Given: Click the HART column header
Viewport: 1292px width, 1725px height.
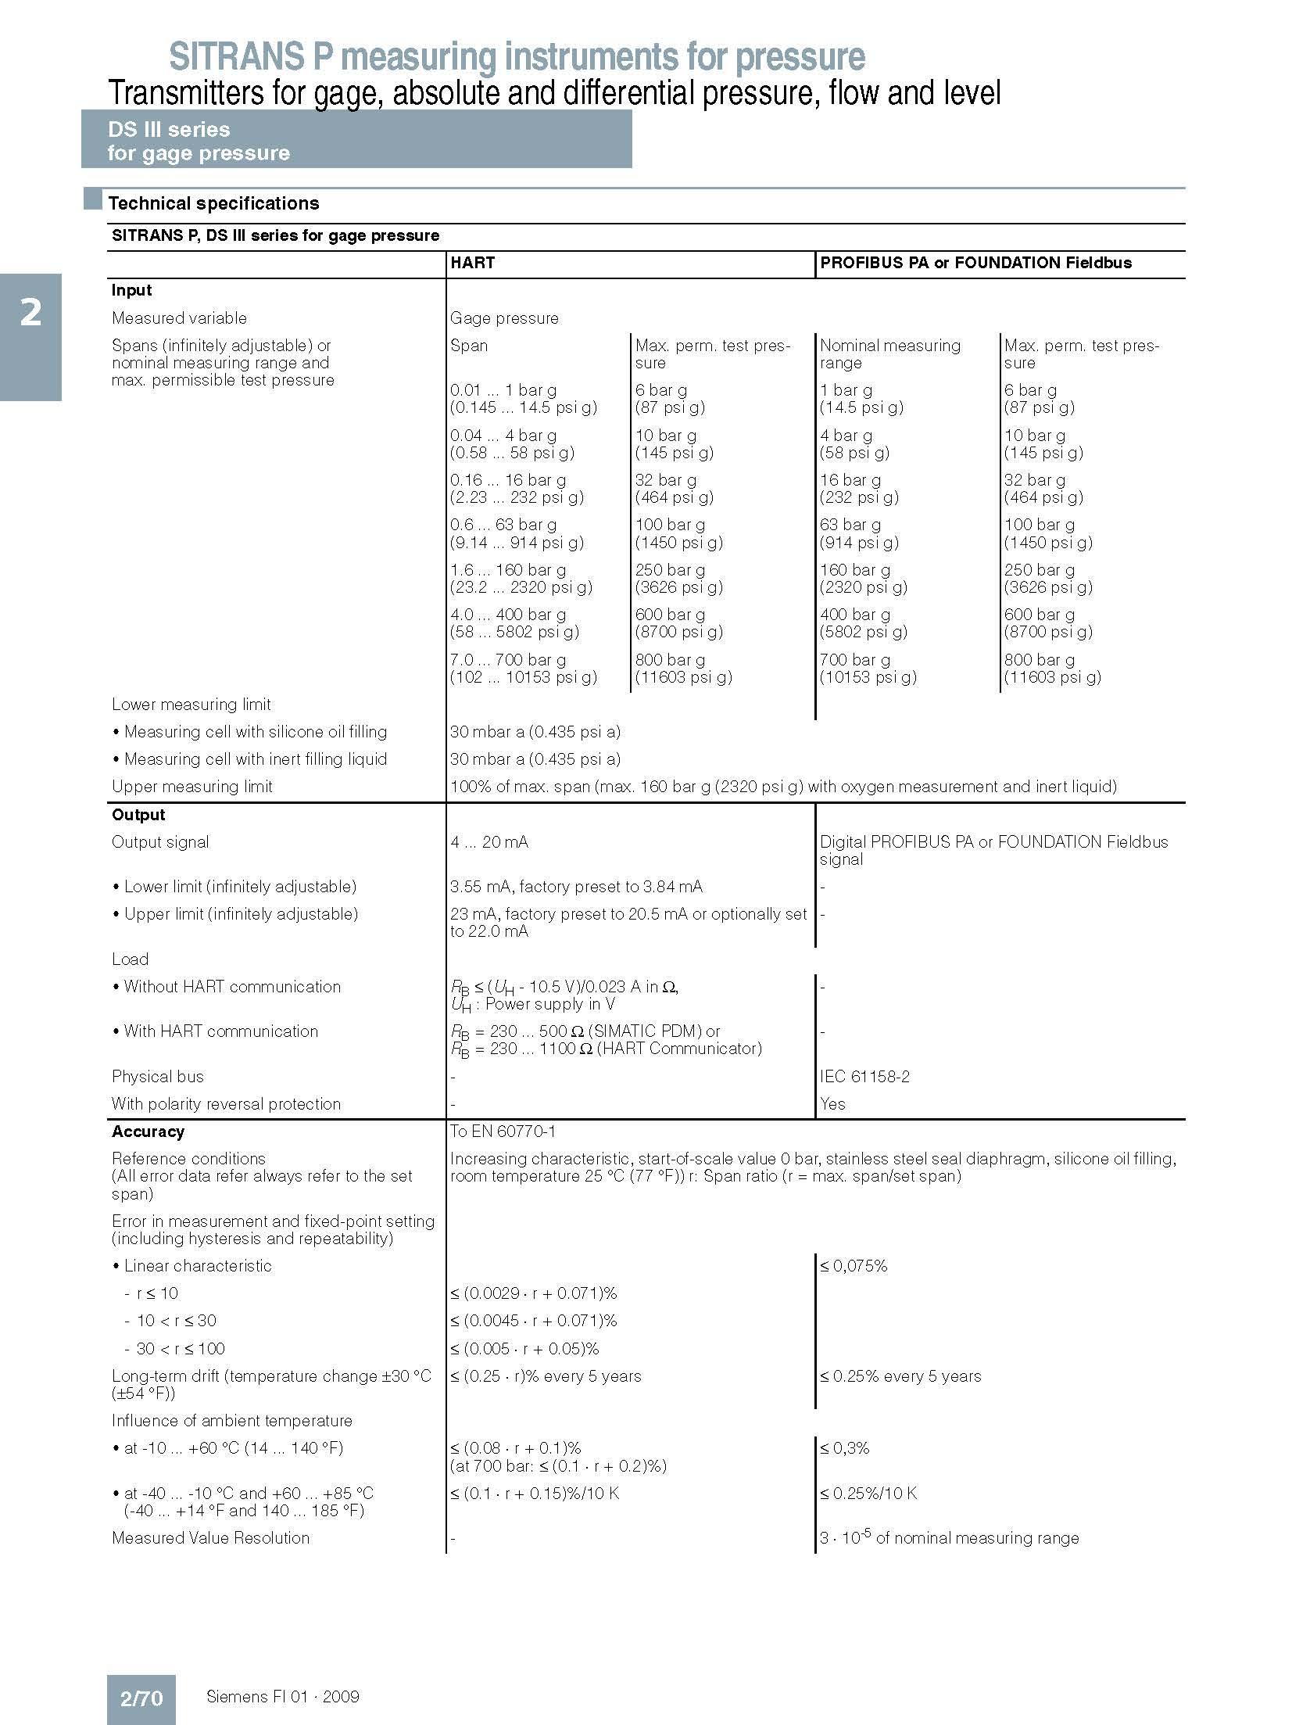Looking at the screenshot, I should pos(472,264).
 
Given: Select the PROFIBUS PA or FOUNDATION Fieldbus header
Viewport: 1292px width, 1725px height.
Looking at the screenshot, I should pos(975,264).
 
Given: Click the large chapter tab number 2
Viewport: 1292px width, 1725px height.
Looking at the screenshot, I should pos(30,314).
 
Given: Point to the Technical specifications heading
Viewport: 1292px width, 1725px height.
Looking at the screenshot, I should pos(213,204).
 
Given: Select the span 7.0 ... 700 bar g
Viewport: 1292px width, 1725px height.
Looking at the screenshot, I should pos(508,660).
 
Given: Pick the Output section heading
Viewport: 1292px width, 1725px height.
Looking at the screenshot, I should pos(138,815).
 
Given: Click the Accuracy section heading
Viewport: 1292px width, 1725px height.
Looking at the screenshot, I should pos(148,1131).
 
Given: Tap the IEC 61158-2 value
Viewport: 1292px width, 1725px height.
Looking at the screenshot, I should pos(864,1077).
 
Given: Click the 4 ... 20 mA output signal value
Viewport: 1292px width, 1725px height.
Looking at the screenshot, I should pos(489,842).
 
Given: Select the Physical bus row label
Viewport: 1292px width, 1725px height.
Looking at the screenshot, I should pos(157,1077).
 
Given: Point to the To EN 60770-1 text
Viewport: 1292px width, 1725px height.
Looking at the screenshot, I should pos(503,1131).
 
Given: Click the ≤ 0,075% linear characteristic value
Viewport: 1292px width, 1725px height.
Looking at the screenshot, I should pos(854,1266).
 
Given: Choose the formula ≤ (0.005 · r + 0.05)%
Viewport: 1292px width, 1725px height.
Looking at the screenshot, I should pos(524,1349).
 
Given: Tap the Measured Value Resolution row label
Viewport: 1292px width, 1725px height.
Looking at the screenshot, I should pos(210,1538).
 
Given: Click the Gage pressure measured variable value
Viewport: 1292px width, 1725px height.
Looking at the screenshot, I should pos(504,318).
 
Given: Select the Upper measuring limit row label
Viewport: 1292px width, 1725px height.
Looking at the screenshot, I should pos(191,787).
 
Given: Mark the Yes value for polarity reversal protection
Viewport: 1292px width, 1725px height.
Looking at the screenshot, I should pos(832,1104).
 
